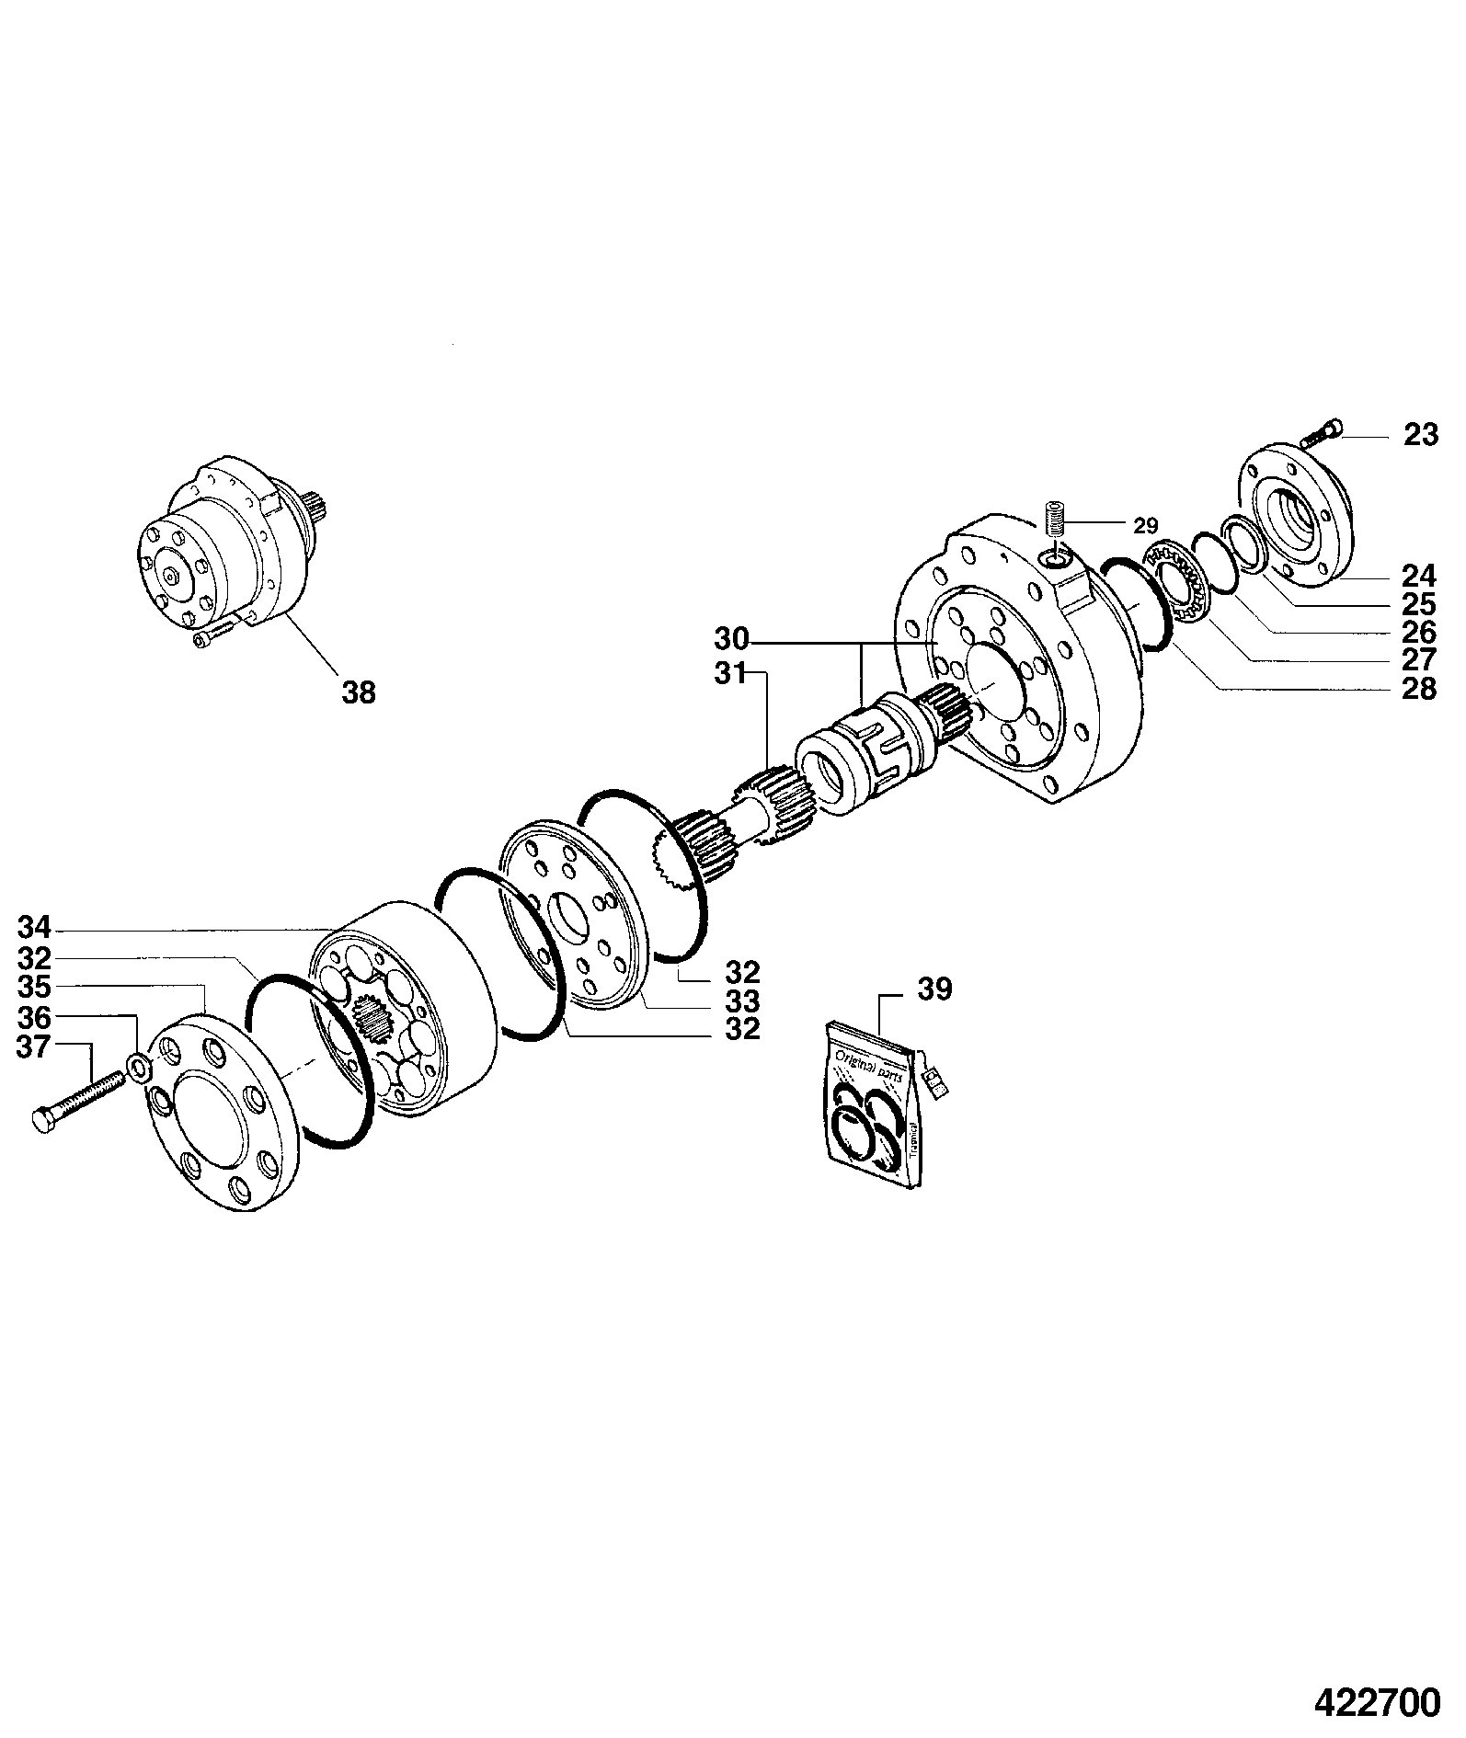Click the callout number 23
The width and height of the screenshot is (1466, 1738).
pos(1420,434)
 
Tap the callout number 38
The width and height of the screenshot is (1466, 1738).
pos(359,692)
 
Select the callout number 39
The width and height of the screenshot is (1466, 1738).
pos(935,989)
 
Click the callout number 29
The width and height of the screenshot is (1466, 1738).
pos(1145,526)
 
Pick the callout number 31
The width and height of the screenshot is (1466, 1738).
pos(733,674)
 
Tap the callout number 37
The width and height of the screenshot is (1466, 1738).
pos(35,1047)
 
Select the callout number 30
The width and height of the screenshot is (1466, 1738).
pos(733,639)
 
